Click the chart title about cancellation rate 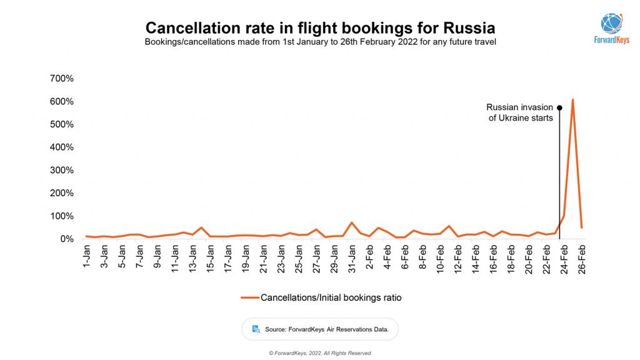(320, 28)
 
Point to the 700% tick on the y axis (62, 79)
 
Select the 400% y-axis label (62, 147)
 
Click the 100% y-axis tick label (62, 216)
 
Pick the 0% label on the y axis (66, 239)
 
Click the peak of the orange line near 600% (572, 100)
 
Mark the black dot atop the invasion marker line (559, 107)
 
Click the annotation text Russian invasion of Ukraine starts (520, 112)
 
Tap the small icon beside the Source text (256, 329)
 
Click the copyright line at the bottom (320, 353)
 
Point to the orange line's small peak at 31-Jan (352, 222)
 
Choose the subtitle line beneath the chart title (320, 42)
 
